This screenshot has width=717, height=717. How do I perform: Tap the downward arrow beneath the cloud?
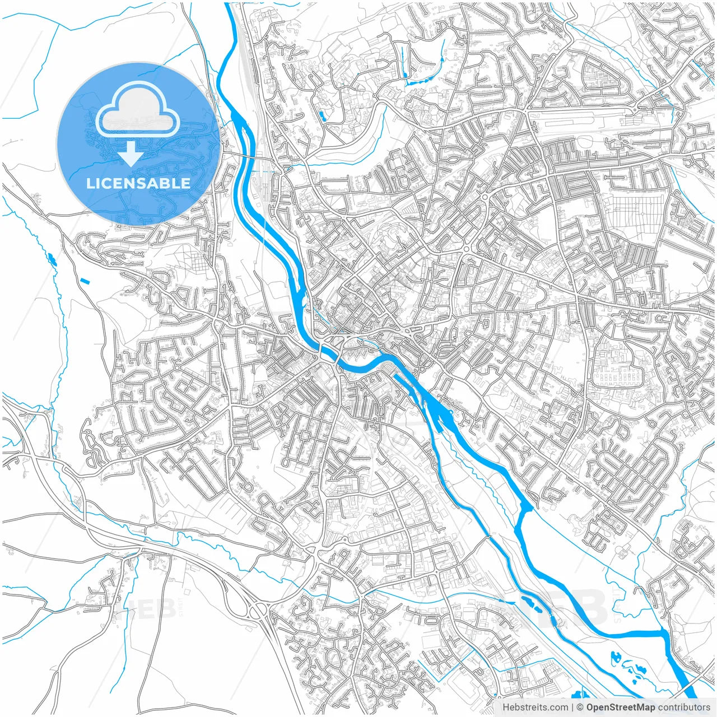(x=131, y=153)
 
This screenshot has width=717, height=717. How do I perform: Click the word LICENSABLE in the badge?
(x=138, y=183)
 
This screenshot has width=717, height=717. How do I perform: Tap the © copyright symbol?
(x=580, y=707)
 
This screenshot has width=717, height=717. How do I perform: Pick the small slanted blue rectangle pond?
(x=85, y=281)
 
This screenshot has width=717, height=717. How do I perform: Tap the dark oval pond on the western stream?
(x=52, y=259)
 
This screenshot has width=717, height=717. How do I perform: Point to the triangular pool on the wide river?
(x=526, y=508)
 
